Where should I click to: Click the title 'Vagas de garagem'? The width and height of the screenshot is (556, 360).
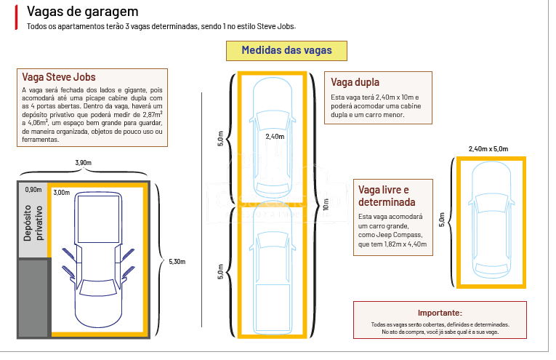[81, 12]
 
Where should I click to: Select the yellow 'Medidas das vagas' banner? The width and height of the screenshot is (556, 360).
[286, 51]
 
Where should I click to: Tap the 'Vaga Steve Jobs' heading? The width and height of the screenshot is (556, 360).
[59, 77]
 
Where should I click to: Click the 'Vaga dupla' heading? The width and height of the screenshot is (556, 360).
[355, 82]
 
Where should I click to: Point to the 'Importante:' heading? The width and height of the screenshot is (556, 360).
[440, 312]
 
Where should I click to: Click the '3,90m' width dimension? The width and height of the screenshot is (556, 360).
[83, 161]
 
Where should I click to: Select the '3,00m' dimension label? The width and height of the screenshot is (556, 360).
[62, 193]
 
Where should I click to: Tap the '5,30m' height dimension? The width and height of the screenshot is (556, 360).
[177, 261]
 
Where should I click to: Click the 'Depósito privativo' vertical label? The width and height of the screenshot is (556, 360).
[33, 223]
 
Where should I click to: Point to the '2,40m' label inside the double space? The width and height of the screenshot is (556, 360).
[275, 136]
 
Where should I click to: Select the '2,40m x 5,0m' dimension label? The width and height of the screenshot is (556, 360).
[488, 148]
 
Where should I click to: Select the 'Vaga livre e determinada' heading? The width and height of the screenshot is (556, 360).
[386, 196]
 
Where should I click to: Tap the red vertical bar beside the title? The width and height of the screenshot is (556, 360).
[16, 18]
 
